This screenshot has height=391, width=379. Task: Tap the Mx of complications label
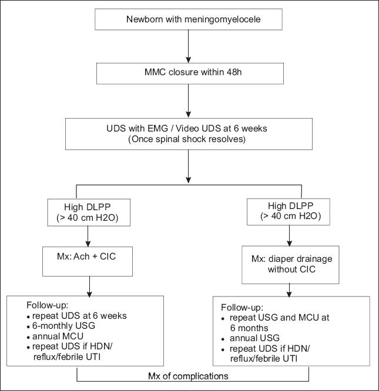189,373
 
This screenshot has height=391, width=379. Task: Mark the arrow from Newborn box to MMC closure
189,45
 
